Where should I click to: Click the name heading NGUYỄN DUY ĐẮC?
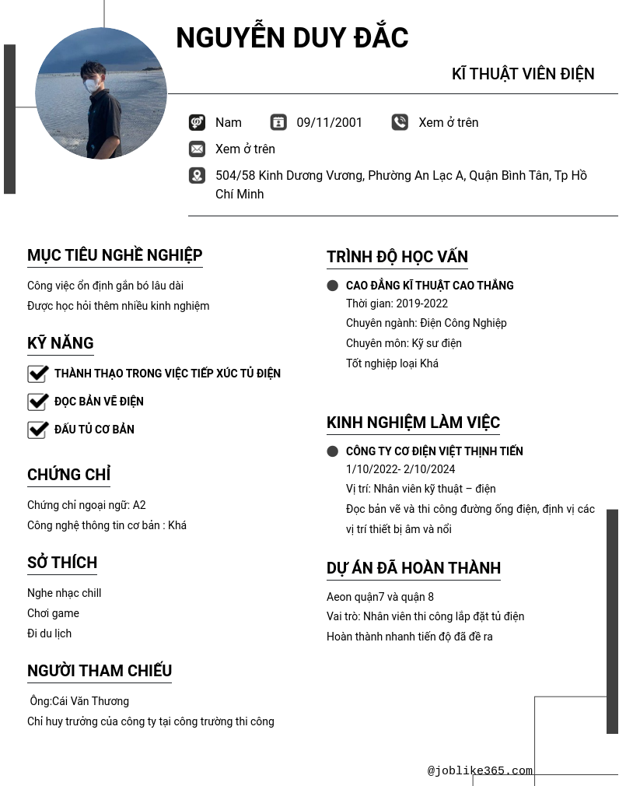[292, 38]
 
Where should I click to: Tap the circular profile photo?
[101, 93]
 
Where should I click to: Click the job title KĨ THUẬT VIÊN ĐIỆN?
[523, 74]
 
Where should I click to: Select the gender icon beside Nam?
[197, 122]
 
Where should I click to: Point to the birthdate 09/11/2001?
[329, 122]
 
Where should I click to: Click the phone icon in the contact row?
[400, 122]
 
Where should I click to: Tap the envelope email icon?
[197, 149]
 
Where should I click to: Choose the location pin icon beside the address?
[197, 176]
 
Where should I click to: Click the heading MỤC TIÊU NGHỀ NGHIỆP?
[114, 255]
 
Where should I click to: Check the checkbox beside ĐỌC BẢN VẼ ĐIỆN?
[37, 402]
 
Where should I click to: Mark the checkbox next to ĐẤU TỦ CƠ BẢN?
[37, 430]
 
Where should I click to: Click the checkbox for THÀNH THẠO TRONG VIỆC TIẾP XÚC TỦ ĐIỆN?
[37, 374]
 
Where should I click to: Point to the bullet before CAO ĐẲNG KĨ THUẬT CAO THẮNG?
[333, 286]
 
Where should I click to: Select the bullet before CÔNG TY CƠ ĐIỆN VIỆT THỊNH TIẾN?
[333, 451]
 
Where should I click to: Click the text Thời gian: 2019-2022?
[397, 304]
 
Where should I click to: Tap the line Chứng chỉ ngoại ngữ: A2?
[86, 505]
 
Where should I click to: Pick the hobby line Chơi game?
[53, 613]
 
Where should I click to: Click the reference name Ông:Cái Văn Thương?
[79, 701]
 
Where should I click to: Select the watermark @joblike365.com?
[480, 771]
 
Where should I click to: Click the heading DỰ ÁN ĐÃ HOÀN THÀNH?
[413, 568]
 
